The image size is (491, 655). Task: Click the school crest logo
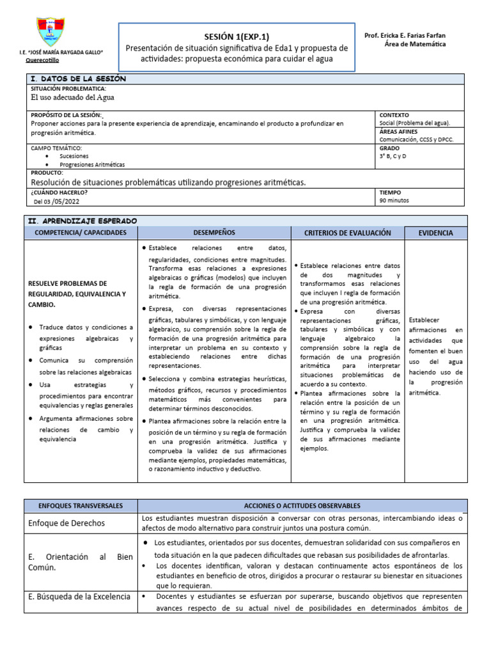point(51,31)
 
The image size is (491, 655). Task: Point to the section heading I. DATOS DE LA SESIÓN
point(78,79)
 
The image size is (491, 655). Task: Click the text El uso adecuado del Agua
point(74,98)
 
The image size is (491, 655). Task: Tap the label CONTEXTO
point(394,115)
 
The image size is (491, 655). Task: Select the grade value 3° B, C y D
point(393,155)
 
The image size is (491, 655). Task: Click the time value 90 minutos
point(394,200)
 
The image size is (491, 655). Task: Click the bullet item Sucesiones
point(70,155)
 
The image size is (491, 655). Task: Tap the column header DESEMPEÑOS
point(214,233)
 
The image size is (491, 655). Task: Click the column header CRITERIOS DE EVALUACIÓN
point(347,233)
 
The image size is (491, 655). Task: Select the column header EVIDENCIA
point(435,233)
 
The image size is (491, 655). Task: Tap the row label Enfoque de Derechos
point(66,523)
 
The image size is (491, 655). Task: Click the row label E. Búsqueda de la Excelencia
point(79,597)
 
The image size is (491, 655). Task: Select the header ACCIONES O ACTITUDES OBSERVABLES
point(302,505)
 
